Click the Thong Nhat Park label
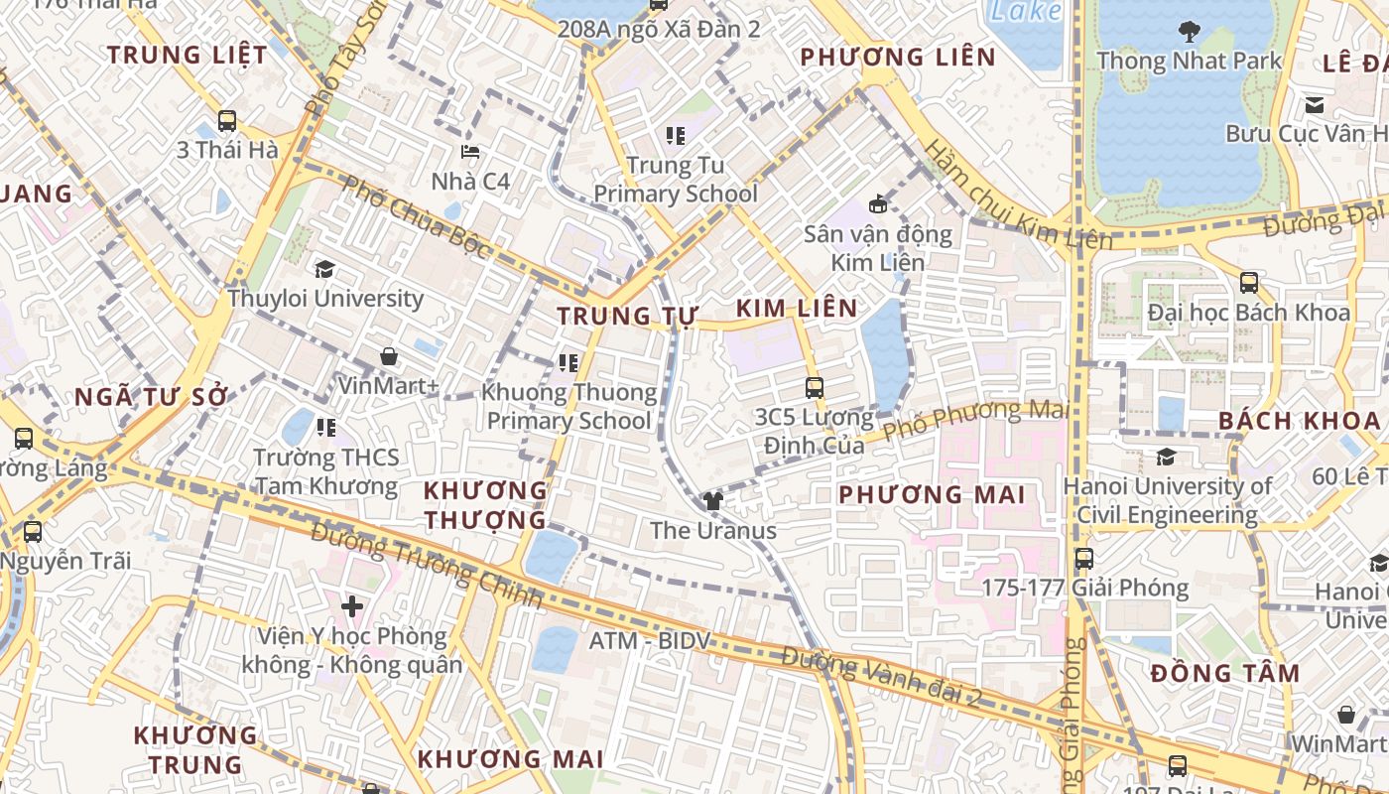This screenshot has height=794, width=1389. pyautogui.click(x=1189, y=61)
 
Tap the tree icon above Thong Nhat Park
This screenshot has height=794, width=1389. pyautogui.click(x=1190, y=32)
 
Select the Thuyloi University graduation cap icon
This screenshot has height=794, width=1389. pyautogui.click(x=323, y=270)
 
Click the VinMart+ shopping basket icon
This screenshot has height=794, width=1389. pyautogui.click(x=389, y=356)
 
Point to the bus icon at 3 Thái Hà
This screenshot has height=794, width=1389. pyautogui.click(x=227, y=121)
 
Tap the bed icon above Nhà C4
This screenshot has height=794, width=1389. pyautogui.click(x=470, y=152)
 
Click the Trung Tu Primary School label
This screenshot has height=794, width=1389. pyautogui.click(x=676, y=180)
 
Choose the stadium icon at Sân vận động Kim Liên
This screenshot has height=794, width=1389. pyautogui.click(x=877, y=204)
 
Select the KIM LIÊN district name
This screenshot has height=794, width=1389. pyautogui.click(x=798, y=308)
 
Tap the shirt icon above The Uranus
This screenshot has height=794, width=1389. pyautogui.click(x=712, y=501)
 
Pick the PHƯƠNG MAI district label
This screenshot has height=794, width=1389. pyautogui.click(x=931, y=494)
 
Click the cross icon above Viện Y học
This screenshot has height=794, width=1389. pyautogui.click(x=352, y=605)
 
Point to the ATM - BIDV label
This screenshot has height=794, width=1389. pyautogui.click(x=651, y=641)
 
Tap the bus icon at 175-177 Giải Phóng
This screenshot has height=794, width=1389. pyautogui.click(x=1084, y=559)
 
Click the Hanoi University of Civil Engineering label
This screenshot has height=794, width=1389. pyautogui.click(x=1167, y=500)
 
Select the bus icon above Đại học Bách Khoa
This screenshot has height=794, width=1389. pyautogui.click(x=1249, y=283)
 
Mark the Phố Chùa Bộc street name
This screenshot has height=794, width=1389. pyautogui.click(x=416, y=218)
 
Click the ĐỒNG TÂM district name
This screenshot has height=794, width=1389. pyautogui.click(x=1225, y=674)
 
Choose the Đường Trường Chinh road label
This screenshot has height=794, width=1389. pyautogui.click(x=427, y=564)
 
